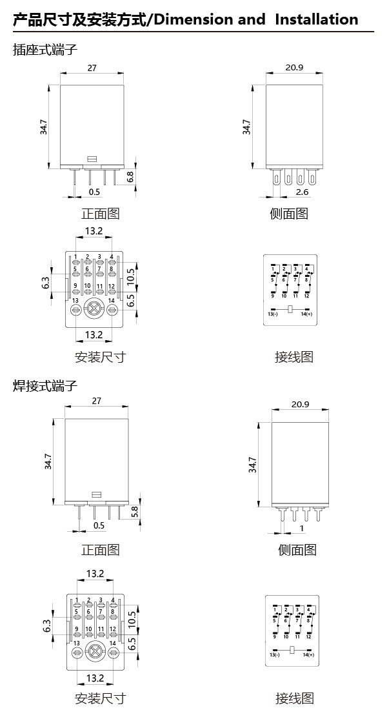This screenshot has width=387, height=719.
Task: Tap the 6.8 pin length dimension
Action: (x=130, y=176)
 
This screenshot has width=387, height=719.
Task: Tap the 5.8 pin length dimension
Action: (x=134, y=512)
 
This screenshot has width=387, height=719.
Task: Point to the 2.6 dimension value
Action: (x=301, y=192)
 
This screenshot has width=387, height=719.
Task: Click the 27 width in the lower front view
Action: (x=97, y=401)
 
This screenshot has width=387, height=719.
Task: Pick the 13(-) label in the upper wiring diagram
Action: (x=272, y=314)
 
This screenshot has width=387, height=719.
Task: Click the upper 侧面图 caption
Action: (x=288, y=213)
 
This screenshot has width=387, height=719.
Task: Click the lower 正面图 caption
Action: (x=100, y=550)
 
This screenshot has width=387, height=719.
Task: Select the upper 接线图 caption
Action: (x=293, y=357)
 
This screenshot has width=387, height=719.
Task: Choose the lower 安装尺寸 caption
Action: (x=100, y=698)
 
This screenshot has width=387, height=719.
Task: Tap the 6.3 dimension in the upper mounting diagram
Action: (x=46, y=283)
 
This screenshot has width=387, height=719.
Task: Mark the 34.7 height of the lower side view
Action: (x=252, y=465)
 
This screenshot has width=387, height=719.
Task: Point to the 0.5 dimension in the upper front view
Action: (x=95, y=192)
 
